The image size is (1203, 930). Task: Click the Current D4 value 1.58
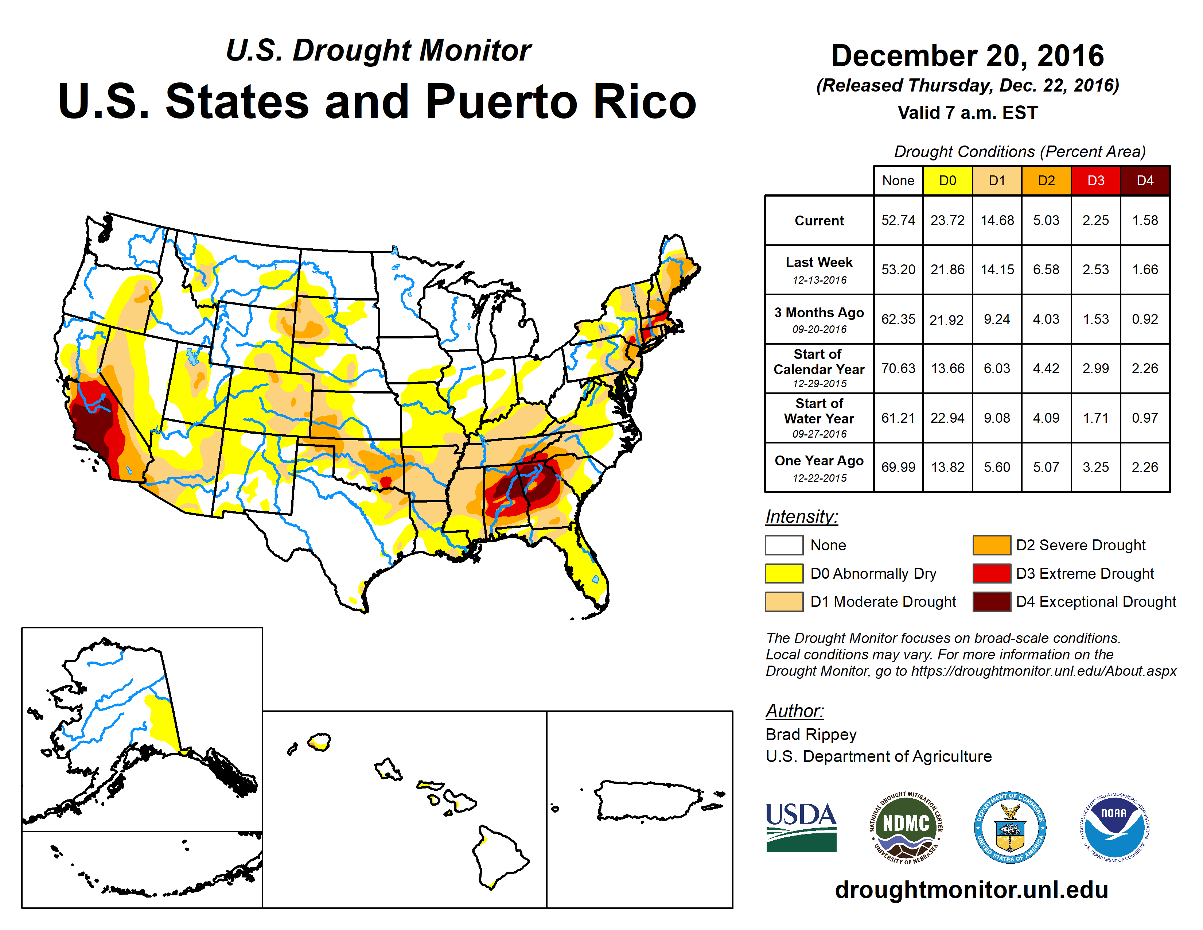pyautogui.click(x=1145, y=220)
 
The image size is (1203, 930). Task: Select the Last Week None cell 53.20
pyautogui.click(x=898, y=270)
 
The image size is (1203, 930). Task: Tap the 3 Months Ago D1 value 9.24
pyautogui.click(x=996, y=319)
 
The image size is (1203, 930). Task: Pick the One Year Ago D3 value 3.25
pyautogui.click(x=1095, y=467)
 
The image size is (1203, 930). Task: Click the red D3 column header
pyautogui.click(x=1095, y=181)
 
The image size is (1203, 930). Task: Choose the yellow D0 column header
pyautogui.click(x=947, y=181)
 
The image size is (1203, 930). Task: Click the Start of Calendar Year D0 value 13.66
pyautogui.click(x=947, y=368)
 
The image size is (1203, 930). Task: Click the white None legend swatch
pyautogui.click(x=784, y=545)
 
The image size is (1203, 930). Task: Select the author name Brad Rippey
pyautogui.click(x=811, y=735)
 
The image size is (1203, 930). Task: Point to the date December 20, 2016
pyautogui.click(x=967, y=56)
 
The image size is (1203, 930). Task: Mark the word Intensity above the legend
pyautogui.click(x=801, y=517)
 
